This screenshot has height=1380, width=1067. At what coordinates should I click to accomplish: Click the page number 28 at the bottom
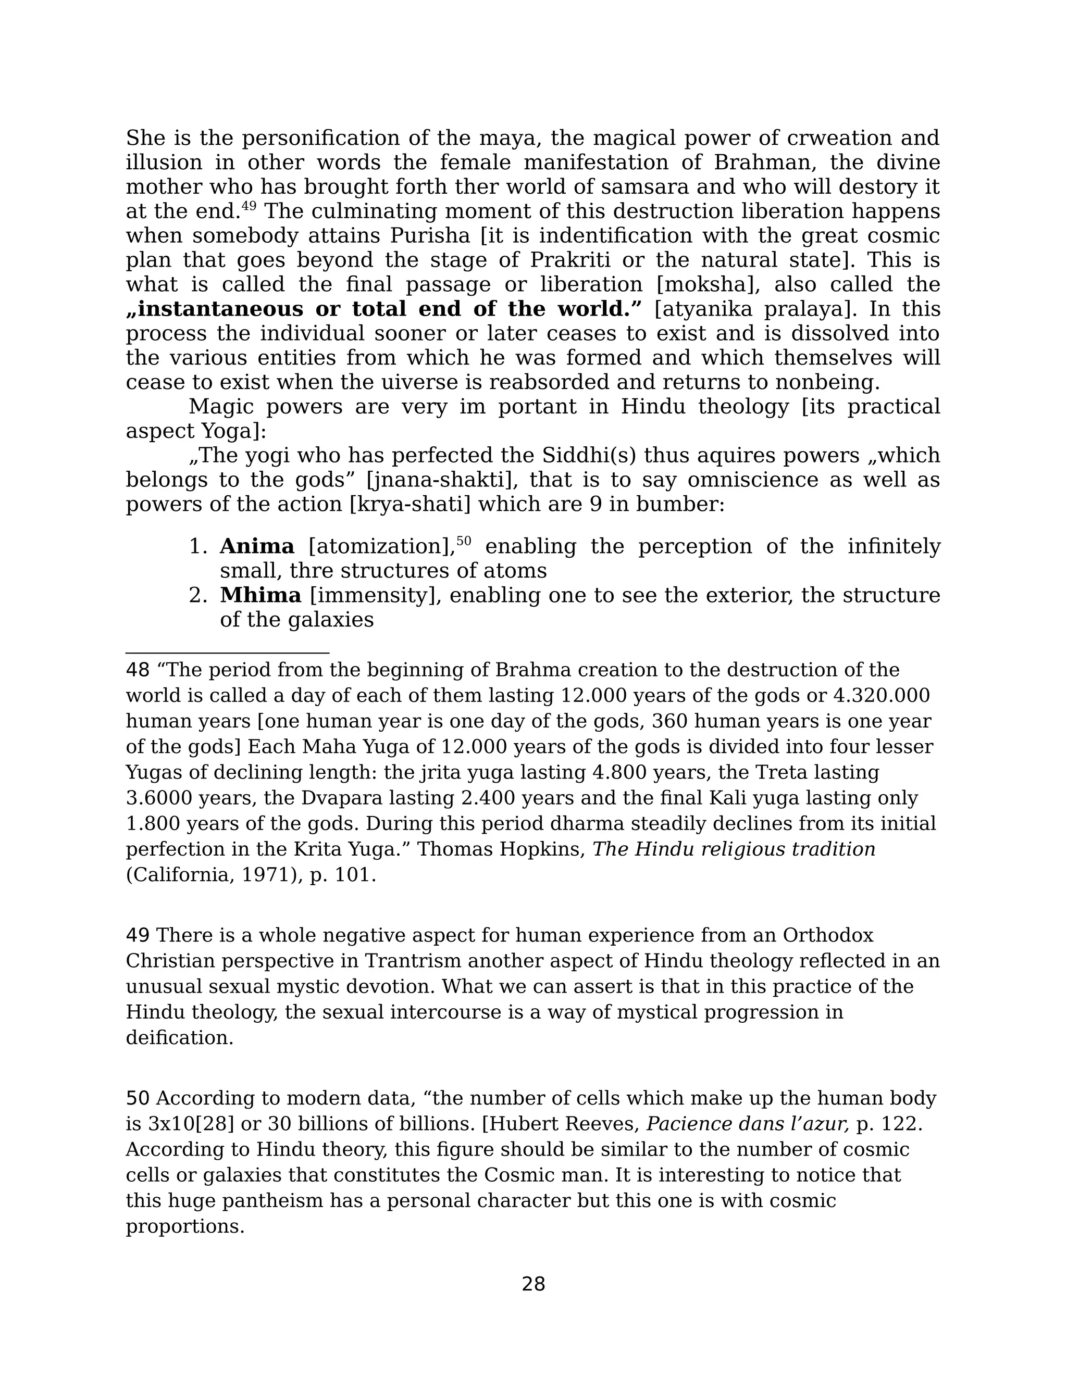pyautogui.click(x=533, y=1284)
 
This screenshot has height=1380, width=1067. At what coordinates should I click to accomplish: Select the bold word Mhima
pyautogui.click(x=260, y=595)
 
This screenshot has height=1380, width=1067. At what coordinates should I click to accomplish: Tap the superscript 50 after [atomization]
pyautogui.click(x=464, y=541)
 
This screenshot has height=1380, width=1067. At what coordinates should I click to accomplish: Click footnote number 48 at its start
pyautogui.click(x=137, y=670)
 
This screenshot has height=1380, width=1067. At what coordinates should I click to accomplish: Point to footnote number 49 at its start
pyautogui.click(x=137, y=935)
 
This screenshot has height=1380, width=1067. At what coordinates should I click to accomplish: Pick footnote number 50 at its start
pyautogui.click(x=137, y=1098)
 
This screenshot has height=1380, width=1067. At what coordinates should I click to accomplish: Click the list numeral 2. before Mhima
pyautogui.click(x=198, y=595)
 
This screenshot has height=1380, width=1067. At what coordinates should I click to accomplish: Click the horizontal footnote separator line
pyautogui.click(x=228, y=653)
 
